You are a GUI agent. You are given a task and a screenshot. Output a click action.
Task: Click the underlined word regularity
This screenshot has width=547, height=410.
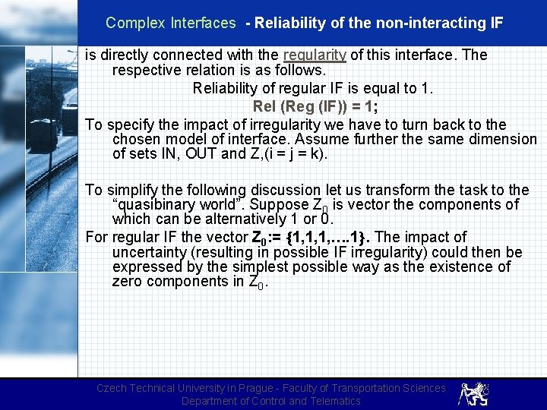(x=315, y=55)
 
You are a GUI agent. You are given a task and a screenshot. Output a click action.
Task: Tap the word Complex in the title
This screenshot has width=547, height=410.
(x=131, y=23)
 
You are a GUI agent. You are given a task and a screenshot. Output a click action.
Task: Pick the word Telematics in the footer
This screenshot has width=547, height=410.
(x=330, y=401)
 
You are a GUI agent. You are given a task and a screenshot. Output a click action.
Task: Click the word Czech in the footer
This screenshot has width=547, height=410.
(x=113, y=388)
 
